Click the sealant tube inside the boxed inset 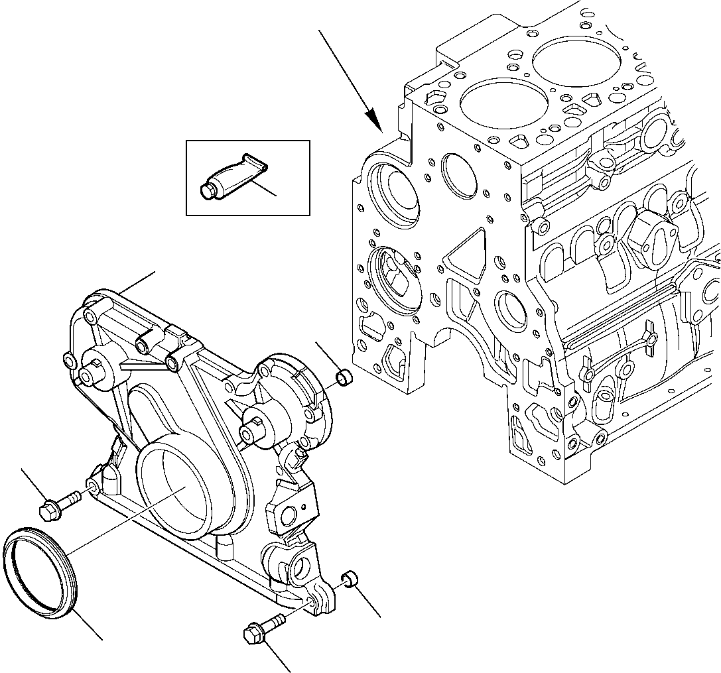[229, 177]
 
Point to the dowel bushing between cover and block [344, 379]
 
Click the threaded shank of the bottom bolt [275, 621]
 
